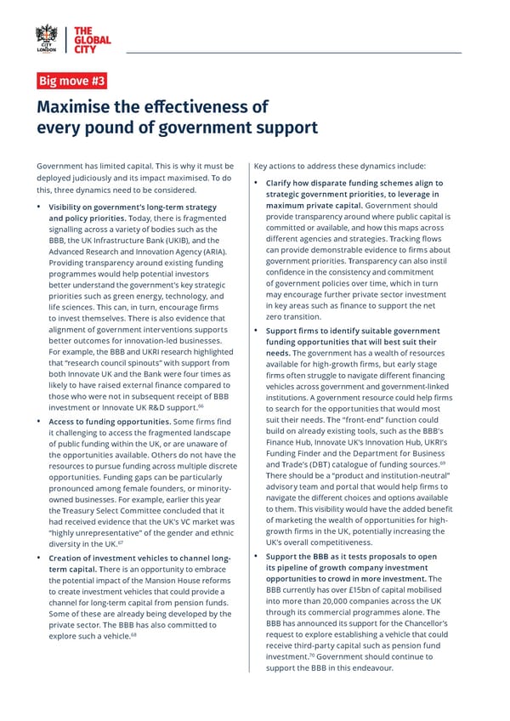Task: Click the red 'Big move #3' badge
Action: pos(72,82)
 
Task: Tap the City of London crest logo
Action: pos(47,38)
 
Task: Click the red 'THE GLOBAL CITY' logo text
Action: pos(93,38)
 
